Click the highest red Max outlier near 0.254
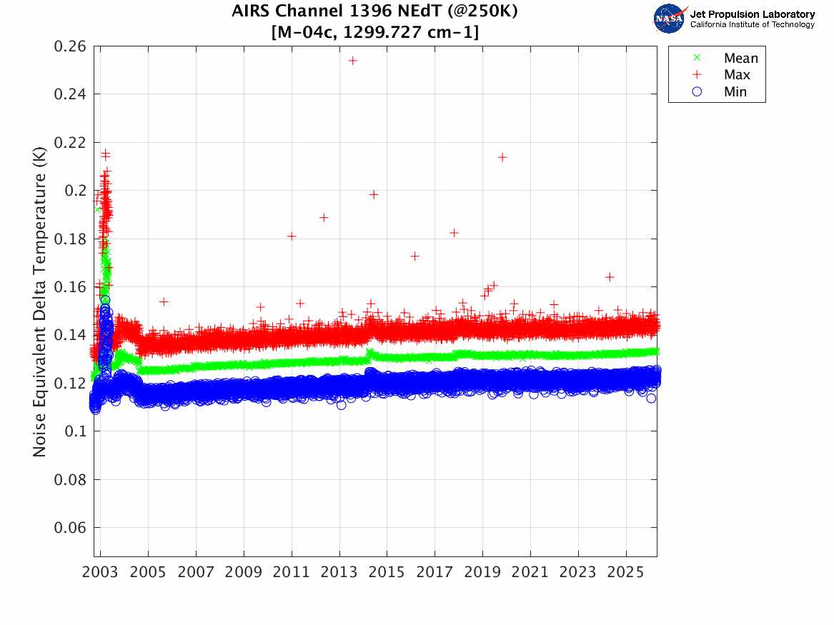352,61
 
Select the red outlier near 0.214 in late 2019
502,157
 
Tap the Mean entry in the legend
740,59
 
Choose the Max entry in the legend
736,75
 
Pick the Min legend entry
735,92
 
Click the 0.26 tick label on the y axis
70,46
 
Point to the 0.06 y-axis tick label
70,528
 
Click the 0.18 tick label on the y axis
70,239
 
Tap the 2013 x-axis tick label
339,574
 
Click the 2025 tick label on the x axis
626,574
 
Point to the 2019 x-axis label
482,574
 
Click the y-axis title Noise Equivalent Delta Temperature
41,301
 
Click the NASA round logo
670,19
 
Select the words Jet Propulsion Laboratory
752,14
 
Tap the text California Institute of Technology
752,25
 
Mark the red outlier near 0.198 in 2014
373,194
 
